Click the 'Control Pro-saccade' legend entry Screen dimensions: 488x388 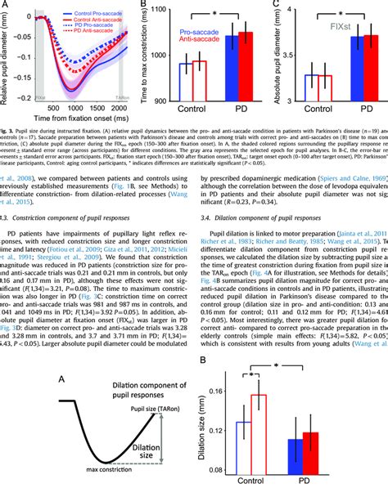pos(94,16)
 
